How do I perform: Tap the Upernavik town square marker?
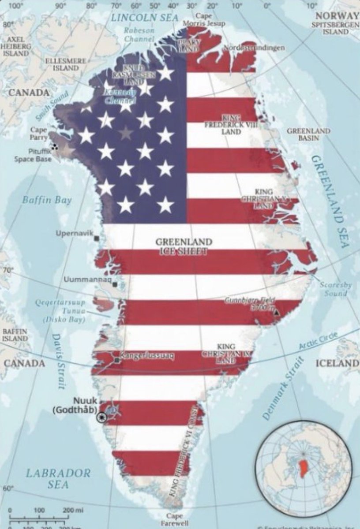(97, 238)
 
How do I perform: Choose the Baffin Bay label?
(47, 200)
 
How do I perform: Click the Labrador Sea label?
(58, 479)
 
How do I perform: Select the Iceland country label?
(337, 363)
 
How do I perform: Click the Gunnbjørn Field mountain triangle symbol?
(277, 312)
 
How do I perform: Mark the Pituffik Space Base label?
(33, 155)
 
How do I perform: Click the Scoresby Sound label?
(336, 289)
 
